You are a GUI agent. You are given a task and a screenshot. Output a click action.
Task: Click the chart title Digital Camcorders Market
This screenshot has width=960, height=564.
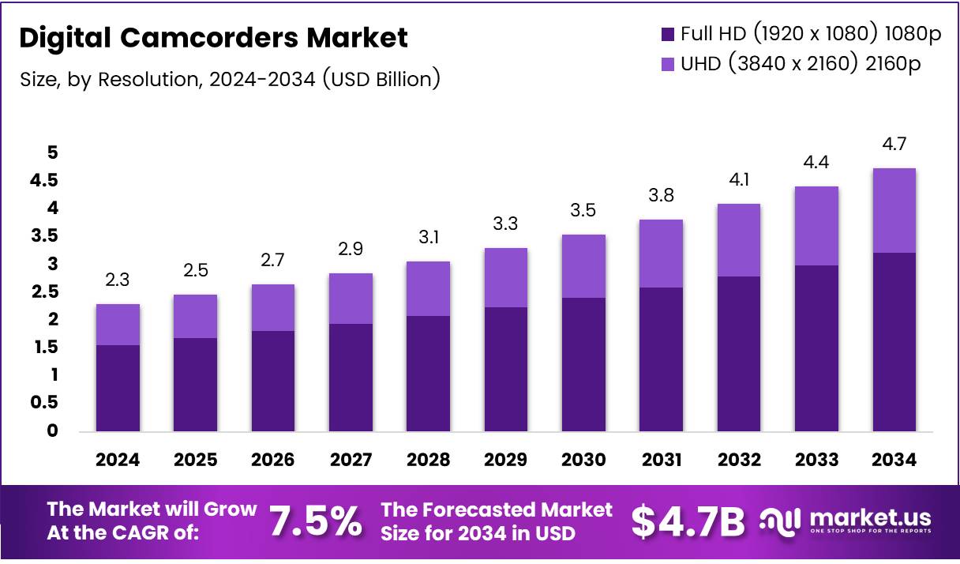coord(213,37)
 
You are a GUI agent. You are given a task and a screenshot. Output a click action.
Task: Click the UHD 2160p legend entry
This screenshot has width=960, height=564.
coord(790,64)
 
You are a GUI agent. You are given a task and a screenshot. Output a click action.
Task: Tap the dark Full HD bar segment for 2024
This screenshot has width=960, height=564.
coord(118,388)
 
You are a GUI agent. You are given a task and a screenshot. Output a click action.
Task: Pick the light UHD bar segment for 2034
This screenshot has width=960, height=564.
coord(894,210)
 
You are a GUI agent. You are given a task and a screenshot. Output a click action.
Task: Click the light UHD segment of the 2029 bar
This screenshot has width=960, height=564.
coord(506,277)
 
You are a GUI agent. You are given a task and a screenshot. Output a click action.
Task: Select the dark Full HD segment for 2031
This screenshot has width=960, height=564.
coord(661,359)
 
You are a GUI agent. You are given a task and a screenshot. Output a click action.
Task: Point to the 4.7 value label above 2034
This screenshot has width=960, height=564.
coord(894,145)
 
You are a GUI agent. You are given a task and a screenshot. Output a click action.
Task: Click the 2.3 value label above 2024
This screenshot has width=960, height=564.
coord(118,280)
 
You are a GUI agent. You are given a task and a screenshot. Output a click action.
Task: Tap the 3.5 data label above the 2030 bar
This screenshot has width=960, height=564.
coord(583,211)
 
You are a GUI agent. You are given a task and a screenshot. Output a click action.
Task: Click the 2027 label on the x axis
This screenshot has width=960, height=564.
coord(351,460)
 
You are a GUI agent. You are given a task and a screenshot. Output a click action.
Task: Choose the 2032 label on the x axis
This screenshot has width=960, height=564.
coord(739,460)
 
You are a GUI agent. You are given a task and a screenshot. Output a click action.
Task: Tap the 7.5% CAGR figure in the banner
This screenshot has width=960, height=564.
coord(316,521)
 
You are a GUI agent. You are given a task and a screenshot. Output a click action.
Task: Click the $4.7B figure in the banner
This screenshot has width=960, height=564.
coord(688,521)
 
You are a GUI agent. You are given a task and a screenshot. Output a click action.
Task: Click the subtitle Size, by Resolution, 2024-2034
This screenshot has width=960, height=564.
coord(229,79)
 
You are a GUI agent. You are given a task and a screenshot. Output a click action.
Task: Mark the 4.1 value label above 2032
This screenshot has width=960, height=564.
coord(739,180)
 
